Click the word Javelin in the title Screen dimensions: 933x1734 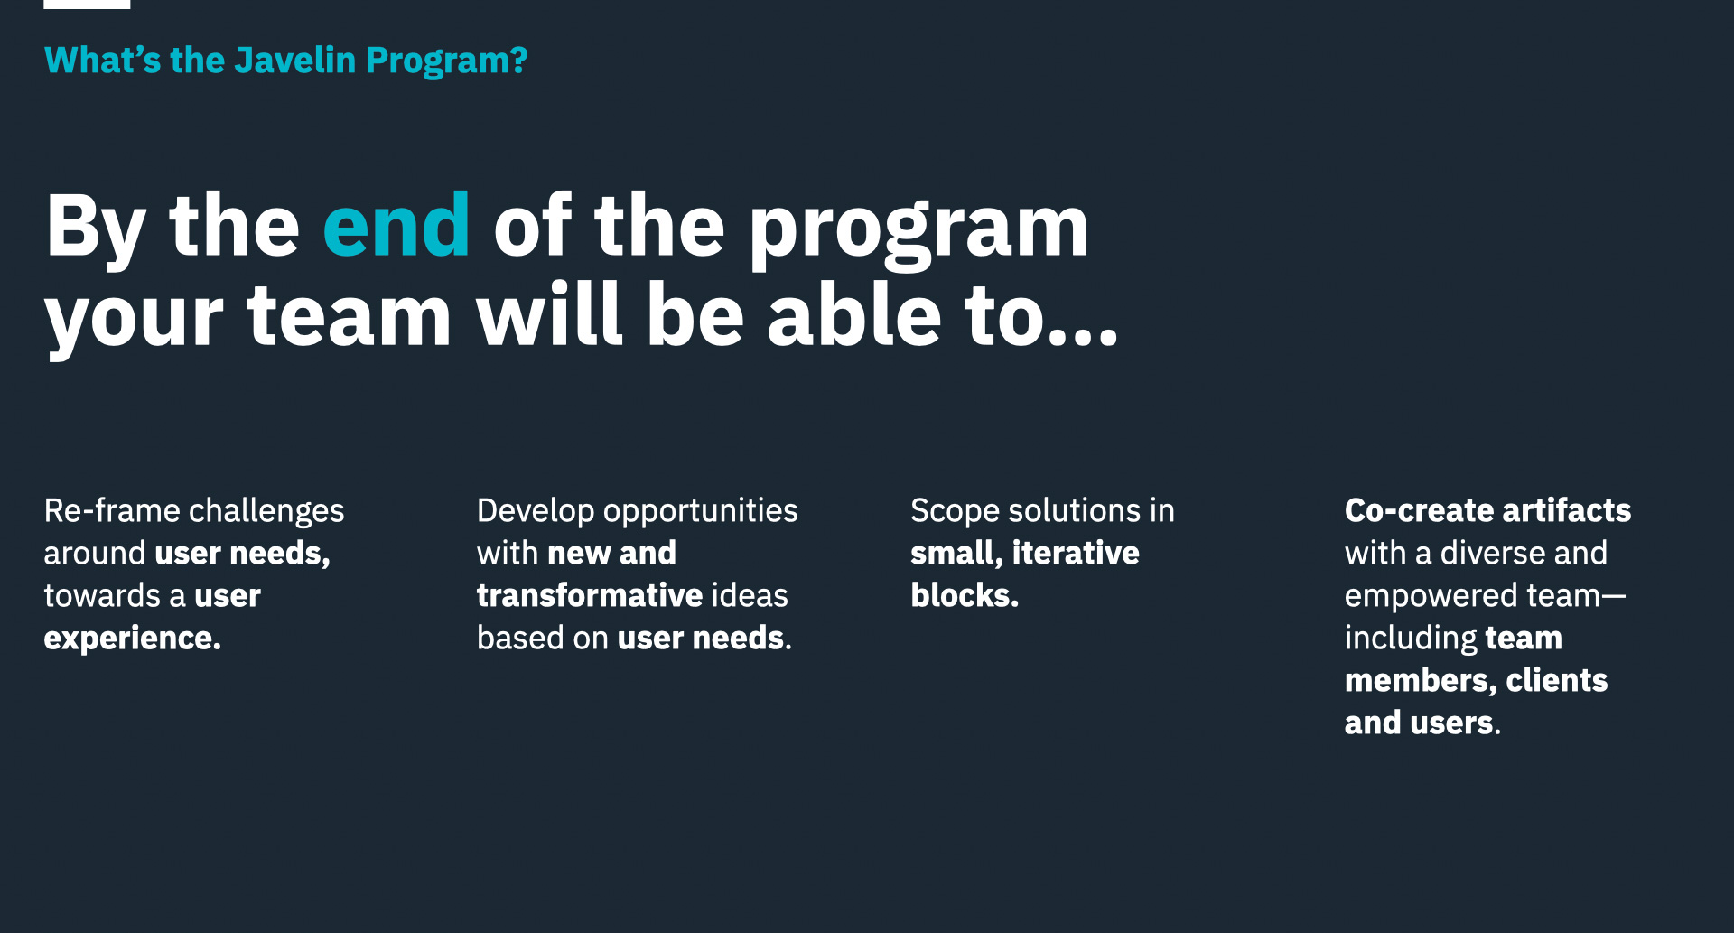(x=294, y=61)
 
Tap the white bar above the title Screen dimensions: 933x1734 (x=87, y=4)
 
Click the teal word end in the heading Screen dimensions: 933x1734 (x=396, y=226)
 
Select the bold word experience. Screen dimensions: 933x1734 (x=132, y=639)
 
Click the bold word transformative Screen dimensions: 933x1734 (x=589, y=596)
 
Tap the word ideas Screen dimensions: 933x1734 (x=750, y=596)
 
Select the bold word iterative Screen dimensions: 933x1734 (x=1075, y=554)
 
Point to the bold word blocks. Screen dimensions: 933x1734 (x=963, y=596)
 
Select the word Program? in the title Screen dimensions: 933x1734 (x=446, y=61)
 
